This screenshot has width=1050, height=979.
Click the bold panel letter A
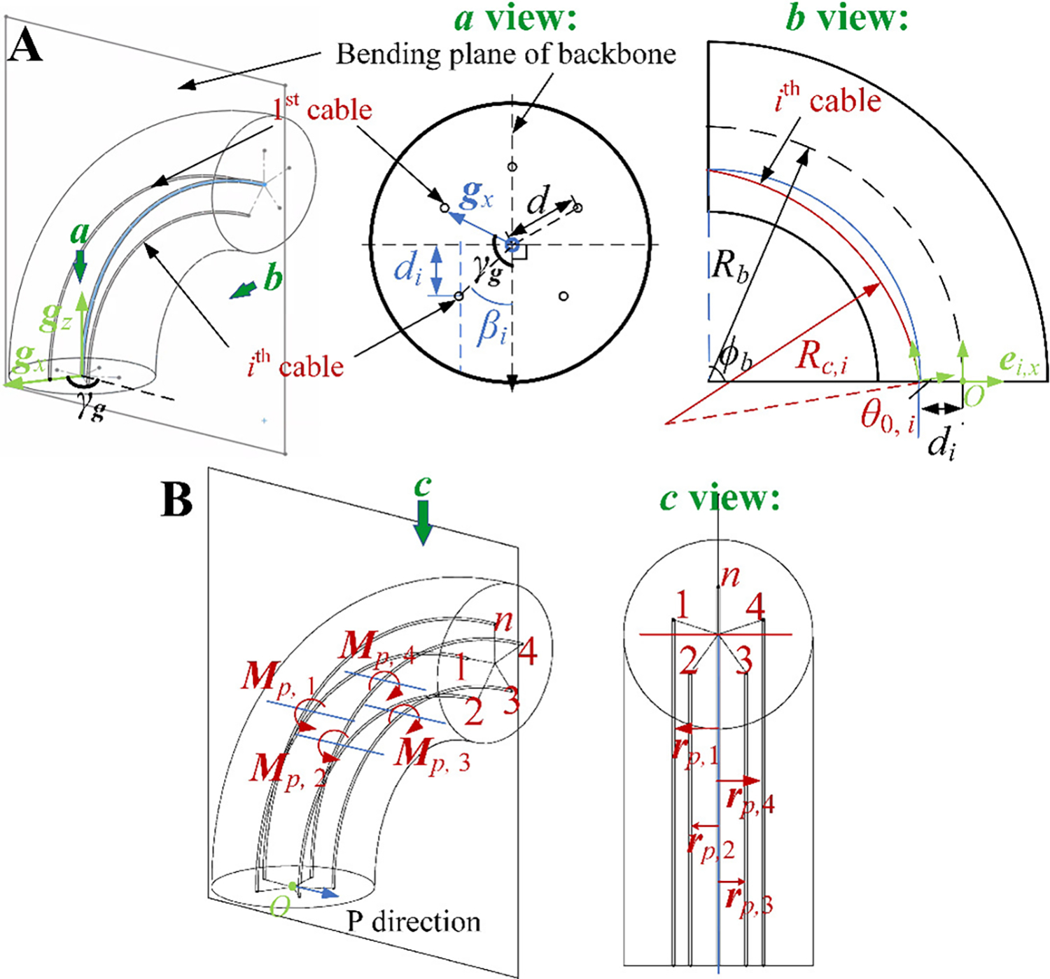(x=25, y=46)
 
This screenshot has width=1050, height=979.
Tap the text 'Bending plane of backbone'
(x=505, y=55)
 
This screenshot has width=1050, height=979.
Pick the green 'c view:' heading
(x=720, y=499)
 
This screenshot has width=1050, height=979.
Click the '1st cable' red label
(x=322, y=109)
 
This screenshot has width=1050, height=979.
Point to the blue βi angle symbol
(x=491, y=327)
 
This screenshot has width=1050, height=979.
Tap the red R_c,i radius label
(x=821, y=357)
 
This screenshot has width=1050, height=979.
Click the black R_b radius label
(x=729, y=266)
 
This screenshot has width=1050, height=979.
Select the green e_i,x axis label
(x=1018, y=361)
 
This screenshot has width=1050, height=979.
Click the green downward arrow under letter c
(x=422, y=525)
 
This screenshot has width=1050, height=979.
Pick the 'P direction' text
(x=414, y=922)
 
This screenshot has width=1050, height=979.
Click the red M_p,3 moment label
(x=431, y=756)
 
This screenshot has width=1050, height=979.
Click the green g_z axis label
(x=55, y=318)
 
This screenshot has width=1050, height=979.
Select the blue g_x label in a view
(x=476, y=195)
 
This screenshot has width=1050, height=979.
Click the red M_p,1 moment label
(x=278, y=679)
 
